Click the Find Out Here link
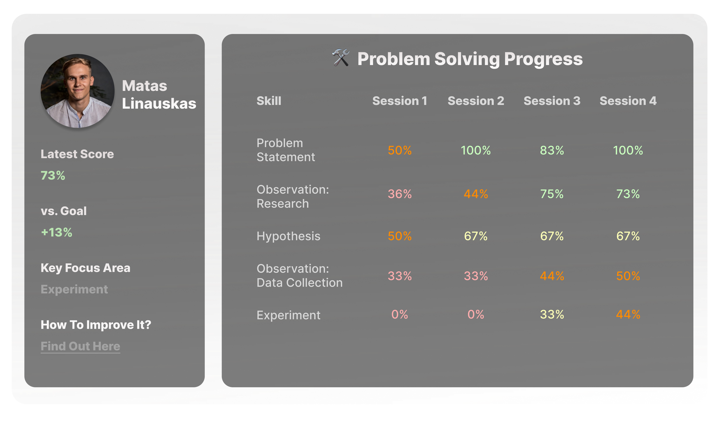[x=80, y=346]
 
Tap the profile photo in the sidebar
[x=77, y=91]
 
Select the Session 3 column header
[x=552, y=101]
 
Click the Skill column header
[x=269, y=101]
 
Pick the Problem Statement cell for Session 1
[x=399, y=150]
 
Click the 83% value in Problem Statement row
[x=552, y=150]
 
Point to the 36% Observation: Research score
[x=399, y=194]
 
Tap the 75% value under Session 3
[x=552, y=194]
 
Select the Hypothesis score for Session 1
[x=399, y=236]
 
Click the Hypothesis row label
[x=288, y=236]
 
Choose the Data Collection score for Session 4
[x=628, y=276]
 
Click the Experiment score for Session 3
[x=552, y=315]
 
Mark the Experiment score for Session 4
[x=628, y=315]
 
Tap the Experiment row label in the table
[x=288, y=315]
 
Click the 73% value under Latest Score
[x=53, y=175]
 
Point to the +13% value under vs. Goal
[x=56, y=232]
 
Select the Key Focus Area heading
[x=85, y=268]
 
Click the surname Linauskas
[x=159, y=103]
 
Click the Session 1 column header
[x=399, y=101]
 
